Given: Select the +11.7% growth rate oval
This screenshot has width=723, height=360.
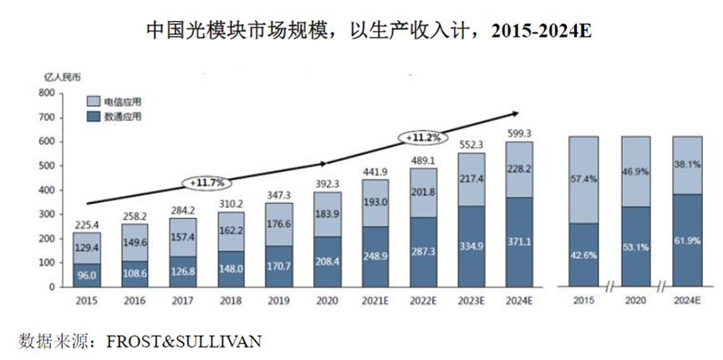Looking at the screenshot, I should pos(206,181).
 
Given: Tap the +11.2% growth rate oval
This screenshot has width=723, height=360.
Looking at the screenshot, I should pos(424,137).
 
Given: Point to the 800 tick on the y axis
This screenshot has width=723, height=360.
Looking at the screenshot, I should pos(46,94).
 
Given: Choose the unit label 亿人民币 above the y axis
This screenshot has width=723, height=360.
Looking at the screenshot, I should pos(64,78).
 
